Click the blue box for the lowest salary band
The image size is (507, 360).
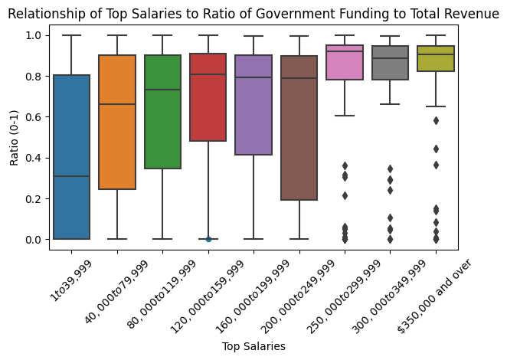coord(71,153)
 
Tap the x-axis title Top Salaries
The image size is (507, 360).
coord(253,347)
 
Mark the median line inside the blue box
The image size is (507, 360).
coord(71,176)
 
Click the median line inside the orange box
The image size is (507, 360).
coord(117,104)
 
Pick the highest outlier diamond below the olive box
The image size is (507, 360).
coord(436,120)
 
